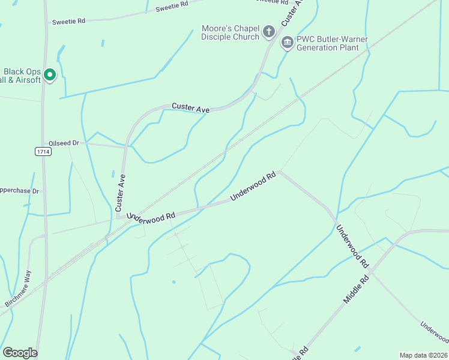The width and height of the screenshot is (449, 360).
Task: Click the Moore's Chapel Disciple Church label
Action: click(x=230, y=32)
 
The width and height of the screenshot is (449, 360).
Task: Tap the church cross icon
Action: click(x=270, y=31)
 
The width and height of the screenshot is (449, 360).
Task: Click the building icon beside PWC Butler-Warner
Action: click(x=287, y=43)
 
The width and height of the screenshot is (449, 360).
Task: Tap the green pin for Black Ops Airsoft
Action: click(x=50, y=75)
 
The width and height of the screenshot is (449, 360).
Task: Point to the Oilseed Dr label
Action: click(x=64, y=143)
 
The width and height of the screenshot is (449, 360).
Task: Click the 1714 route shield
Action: click(x=43, y=152)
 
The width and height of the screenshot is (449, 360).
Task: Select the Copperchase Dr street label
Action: click(x=19, y=191)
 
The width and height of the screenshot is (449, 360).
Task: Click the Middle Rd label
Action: click(x=356, y=289)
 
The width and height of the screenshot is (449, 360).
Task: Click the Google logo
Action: click(x=20, y=353)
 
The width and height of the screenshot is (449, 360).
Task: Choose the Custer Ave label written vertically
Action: click(x=120, y=192)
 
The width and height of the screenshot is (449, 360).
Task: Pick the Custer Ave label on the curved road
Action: click(x=191, y=108)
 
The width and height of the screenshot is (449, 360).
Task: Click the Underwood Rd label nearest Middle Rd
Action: click(x=352, y=246)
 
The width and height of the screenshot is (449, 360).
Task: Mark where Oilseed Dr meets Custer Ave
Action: click(x=127, y=145)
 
